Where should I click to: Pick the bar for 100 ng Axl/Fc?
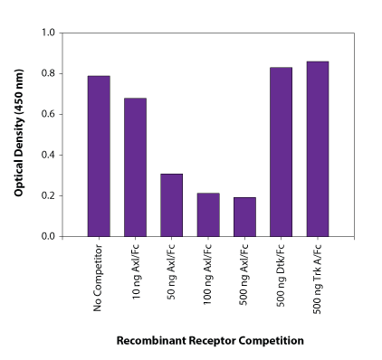coord(208,214)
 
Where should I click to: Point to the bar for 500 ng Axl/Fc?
coord(244,216)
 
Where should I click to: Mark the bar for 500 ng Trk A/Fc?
coord(318,148)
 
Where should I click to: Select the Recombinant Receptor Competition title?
coord(209,341)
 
